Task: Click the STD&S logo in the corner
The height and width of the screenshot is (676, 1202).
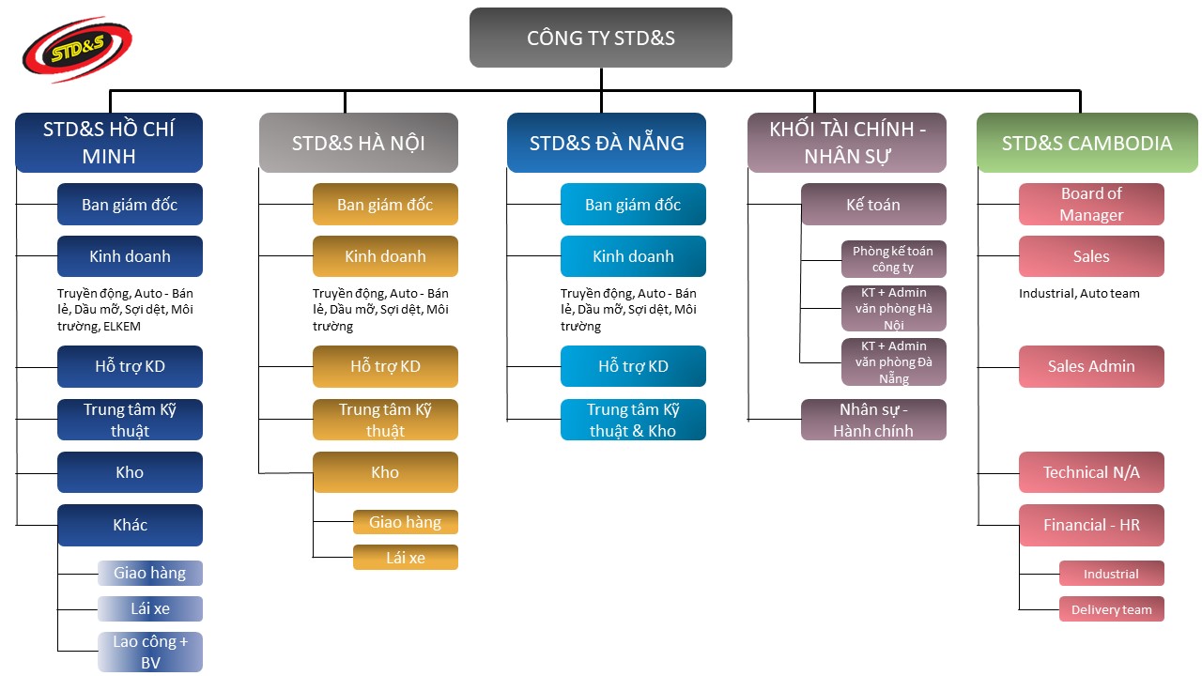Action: (77, 50)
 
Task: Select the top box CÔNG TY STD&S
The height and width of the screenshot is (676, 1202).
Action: (601, 38)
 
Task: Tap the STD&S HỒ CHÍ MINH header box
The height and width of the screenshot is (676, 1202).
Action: (109, 143)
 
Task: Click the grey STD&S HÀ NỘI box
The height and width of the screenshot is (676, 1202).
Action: (358, 143)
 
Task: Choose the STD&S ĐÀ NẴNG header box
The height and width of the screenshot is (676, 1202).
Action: (606, 143)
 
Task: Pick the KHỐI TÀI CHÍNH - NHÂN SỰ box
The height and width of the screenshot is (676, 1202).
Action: (847, 143)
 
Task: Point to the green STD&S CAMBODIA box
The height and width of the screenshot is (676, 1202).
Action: (1086, 143)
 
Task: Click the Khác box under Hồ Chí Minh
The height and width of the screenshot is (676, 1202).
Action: (130, 525)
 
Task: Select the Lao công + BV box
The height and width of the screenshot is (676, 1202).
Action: (150, 653)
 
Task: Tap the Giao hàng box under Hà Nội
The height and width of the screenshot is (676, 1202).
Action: (405, 522)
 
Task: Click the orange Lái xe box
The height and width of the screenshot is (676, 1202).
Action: (405, 558)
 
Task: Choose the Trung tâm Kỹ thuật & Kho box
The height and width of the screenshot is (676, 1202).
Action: (633, 420)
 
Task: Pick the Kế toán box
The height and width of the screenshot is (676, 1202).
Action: (873, 205)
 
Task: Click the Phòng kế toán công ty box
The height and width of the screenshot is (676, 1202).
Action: (893, 259)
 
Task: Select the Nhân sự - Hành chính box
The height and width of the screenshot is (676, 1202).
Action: (873, 420)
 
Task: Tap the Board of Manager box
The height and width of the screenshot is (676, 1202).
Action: (1091, 205)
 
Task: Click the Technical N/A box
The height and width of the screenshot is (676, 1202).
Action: (1091, 472)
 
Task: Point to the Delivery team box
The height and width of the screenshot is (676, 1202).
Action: (1112, 609)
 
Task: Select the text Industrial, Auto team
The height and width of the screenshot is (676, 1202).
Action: (1079, 293)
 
